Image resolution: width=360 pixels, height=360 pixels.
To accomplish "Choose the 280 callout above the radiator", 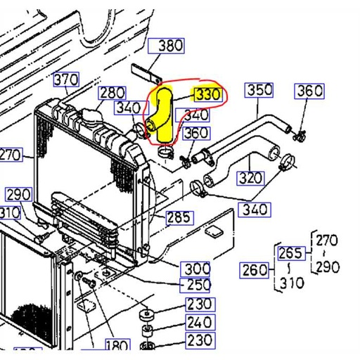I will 111,93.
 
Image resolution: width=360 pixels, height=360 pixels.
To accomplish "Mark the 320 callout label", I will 251,178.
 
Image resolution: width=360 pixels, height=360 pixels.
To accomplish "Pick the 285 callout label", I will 179,217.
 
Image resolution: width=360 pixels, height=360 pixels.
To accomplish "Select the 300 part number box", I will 196,268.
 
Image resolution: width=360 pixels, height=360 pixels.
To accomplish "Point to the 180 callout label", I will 117,345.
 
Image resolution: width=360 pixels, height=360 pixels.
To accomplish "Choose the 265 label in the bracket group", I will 290,253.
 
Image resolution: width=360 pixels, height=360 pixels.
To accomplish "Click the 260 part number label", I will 254,269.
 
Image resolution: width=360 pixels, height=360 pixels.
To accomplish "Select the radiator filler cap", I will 91,115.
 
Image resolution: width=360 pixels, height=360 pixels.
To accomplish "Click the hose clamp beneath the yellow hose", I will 165,150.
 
